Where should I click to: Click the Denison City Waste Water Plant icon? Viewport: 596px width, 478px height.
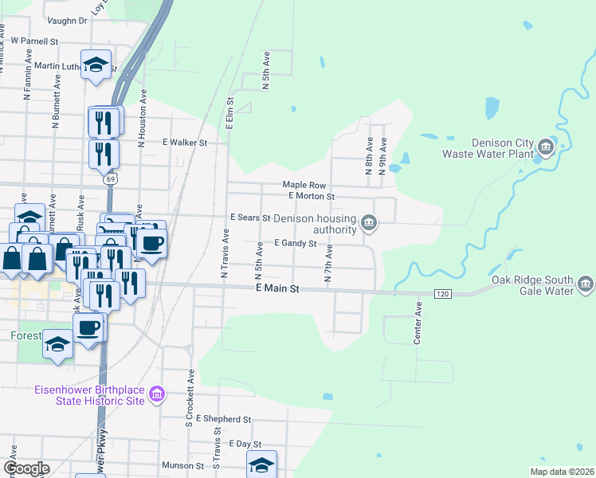546,147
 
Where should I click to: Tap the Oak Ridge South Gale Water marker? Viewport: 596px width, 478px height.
586,284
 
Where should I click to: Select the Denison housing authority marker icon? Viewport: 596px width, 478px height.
368,221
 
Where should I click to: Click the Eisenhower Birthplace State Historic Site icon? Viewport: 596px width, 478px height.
157,394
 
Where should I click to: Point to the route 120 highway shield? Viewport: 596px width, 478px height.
443,294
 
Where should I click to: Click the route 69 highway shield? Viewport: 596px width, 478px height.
108,179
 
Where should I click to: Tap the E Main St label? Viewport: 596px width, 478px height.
276,289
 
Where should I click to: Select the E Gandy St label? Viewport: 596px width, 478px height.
296,243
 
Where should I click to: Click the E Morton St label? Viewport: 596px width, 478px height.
311,195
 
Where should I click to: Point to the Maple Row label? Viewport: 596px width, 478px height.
304,184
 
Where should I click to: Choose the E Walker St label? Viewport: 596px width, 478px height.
185,143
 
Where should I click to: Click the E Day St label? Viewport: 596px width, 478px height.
245,443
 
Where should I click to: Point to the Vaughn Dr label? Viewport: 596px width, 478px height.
66,21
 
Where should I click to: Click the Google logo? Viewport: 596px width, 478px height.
26,468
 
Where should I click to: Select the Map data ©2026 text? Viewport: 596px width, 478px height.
561,472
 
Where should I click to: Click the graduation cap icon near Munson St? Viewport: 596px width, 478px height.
261,464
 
